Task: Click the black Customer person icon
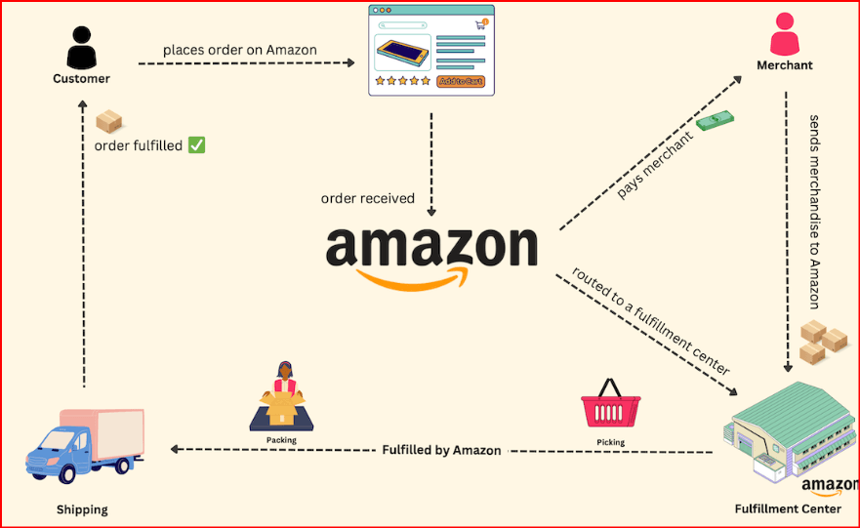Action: (81, 48)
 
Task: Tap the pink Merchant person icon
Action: (784, 34)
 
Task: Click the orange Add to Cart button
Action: (461, 81)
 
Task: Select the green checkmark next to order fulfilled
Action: (196, 144)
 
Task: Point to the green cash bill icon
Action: (716, 120)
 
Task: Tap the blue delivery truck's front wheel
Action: (67, 472)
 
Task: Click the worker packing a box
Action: (281, 396)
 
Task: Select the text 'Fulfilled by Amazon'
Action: (441, 450)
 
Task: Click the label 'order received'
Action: (367, 198)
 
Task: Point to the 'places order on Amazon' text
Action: (240, 50)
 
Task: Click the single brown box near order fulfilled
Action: (108, 121)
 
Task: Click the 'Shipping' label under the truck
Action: (82, 509)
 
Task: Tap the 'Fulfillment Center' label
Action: (788, 508)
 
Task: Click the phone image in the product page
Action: (402, 53)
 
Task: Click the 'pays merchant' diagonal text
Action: (655, 165)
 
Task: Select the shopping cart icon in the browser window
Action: (481, 24)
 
